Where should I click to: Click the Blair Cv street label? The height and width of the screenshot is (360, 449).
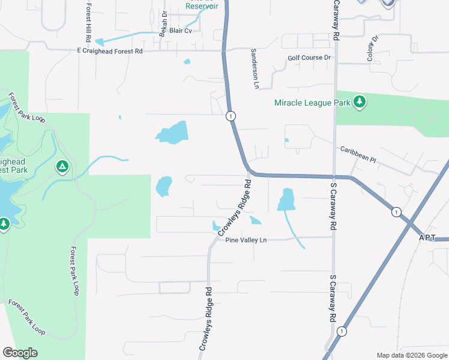[180, 30]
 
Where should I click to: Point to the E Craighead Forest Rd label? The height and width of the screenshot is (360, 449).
[110, 52]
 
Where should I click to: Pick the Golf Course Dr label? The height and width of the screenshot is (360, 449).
[309, 58]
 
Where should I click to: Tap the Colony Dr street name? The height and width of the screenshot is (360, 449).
[373, 48]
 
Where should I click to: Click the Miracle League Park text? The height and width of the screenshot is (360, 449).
[312, 103]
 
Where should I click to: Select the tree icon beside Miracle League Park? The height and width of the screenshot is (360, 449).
[360, 102]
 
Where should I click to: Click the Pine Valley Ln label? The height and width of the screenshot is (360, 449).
[246, 240]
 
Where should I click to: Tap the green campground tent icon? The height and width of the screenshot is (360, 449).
[61, 166]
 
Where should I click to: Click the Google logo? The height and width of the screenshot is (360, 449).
[20, 353]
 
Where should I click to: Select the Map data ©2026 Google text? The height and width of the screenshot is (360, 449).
[411, 355]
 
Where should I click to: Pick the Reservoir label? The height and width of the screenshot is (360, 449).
[201, 5]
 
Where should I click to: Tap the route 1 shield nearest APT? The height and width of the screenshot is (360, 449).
[395, 212]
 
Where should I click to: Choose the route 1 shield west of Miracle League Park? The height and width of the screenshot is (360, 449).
[230, 115]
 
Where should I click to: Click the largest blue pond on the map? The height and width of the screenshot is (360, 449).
[172, 133]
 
